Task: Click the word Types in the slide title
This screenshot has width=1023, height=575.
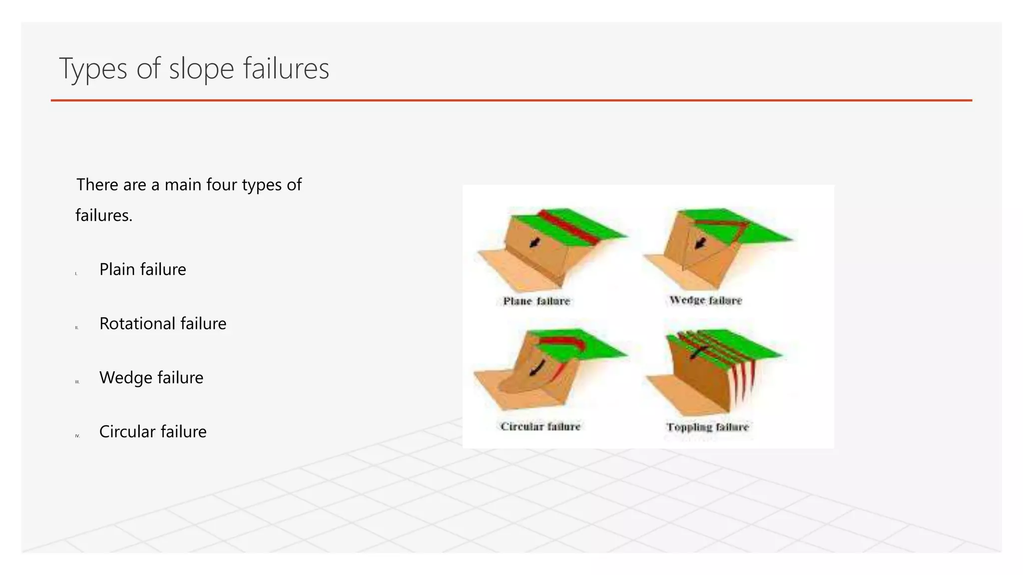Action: point(93,69)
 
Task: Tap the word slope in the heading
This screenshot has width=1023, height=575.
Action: point(201,69)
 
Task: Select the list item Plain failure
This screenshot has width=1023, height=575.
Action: point(142,270)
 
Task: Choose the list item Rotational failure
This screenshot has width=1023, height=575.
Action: point(162,323)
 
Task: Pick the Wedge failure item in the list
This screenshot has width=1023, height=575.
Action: point(151,378)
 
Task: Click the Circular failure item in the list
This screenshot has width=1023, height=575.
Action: point(152,432)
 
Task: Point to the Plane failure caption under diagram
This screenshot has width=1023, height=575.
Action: point(536,301)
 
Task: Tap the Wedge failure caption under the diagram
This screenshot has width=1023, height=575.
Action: point(705,300)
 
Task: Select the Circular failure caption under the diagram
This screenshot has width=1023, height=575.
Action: point(540,426)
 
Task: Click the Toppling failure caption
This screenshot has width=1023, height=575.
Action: point(707,427)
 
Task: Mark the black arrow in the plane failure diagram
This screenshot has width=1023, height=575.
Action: point(534,243)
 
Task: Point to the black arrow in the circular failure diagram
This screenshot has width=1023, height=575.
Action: point(537,368)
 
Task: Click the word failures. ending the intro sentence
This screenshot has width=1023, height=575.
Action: point(104,216)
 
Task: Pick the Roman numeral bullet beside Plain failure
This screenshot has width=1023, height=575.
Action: point(76,274)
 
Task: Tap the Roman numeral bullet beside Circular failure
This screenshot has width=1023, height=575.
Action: point(77,436)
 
